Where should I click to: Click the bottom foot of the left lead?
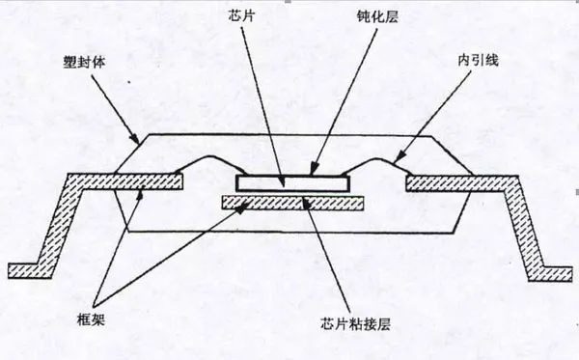24,268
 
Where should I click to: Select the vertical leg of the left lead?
58,222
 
